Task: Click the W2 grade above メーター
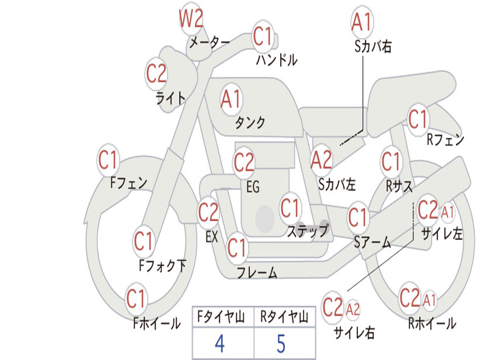tap(191, 18)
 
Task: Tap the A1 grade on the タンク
tap(231, 99)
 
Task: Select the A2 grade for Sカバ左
tap(321, 160)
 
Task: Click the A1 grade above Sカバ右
tap(362, 22)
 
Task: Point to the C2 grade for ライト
tap(156, 74)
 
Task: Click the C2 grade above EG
tap(244, 162)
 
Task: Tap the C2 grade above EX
tap(208, 212)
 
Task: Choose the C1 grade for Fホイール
tap(135, 299)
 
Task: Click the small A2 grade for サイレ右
tap(352, 309)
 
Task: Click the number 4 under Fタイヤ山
tap(219, 344)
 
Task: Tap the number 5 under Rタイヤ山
tap(281, 344)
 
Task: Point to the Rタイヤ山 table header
tap(285, 317)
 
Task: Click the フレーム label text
tap(257, 272)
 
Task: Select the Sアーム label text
tap(373, 242)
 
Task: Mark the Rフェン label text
tap(445, 140)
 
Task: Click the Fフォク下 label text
tap(163, 265)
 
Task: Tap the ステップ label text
tap(308, 230)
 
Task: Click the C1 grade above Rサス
tap(391, 161)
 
